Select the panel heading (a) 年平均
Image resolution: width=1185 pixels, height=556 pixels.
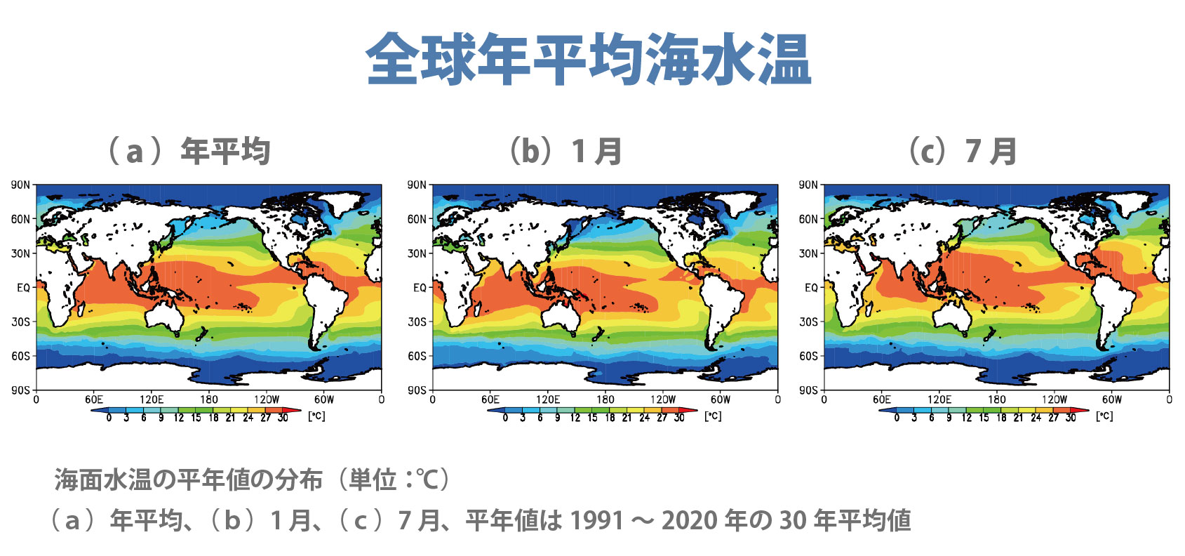pos(187,151)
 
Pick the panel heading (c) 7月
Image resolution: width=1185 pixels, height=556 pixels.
pos(962,151)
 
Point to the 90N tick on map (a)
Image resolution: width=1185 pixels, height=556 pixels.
pos(20,185)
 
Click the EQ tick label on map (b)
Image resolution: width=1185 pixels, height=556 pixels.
pos(419,288)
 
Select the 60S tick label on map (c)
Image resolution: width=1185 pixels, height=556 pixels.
pos(808,356)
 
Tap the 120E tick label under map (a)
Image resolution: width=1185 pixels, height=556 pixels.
pos(151,399)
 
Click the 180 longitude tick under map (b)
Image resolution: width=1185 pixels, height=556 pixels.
pos(605,399)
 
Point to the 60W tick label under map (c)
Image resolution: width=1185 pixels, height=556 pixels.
pos(1111,399)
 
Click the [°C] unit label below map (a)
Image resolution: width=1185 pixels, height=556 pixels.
pos(316,416)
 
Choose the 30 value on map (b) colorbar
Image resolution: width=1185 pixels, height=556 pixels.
pos(679,418)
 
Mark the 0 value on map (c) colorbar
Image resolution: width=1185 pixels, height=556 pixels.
pos(897,418)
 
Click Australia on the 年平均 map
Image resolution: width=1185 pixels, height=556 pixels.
pos(165,317)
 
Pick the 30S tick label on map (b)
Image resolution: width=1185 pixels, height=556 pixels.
pos(417,322)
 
